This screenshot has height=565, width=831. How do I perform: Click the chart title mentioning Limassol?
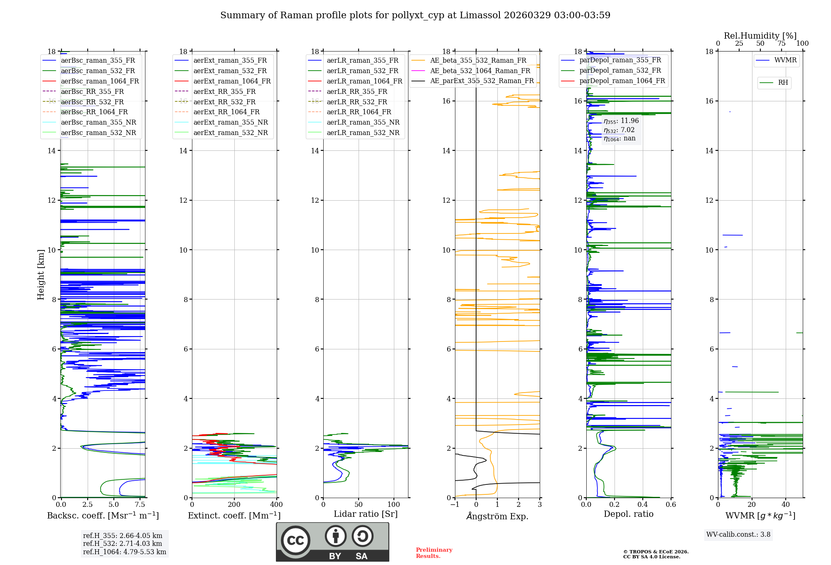[x=415, y=15]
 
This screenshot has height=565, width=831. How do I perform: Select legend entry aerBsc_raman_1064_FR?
[x=100, y=81]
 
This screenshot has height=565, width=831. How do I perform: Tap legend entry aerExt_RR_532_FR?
[x=224, y=102]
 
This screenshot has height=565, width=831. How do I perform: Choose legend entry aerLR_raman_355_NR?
[x=363, y=123]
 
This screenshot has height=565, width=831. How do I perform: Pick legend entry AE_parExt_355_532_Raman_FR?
[x=482, y=81]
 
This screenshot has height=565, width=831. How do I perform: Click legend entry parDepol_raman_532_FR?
[x=620, y=71]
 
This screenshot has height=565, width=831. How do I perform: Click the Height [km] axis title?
[x=41, y=274]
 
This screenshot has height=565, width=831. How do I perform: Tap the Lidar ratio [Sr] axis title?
[x=365, y=514]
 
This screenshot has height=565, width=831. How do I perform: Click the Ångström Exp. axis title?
[x=497, y=516]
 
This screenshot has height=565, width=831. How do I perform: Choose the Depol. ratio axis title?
[x=628, y=514]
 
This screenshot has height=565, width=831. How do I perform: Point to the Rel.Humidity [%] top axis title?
[x=760, y=36]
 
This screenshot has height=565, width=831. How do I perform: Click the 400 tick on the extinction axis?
[x=276, y=505]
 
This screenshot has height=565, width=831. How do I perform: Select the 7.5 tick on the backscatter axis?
[x=140, y=505]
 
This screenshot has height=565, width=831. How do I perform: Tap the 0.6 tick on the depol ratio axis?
[x=671, y=505]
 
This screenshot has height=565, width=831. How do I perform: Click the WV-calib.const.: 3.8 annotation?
[x=738, y=535]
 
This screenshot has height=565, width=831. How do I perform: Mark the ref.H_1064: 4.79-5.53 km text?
[x=125, y=552]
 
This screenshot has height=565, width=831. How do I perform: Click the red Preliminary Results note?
[x=434, y=553]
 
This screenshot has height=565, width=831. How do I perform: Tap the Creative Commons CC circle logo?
[x=295, y=540]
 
